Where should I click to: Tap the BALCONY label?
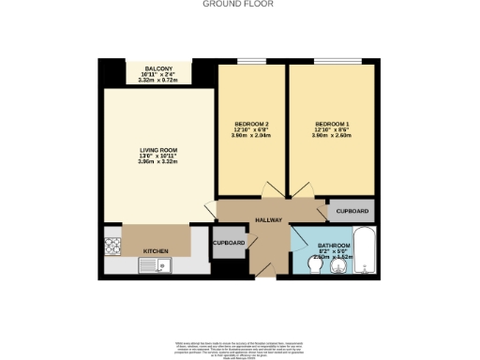(x=158, y=67)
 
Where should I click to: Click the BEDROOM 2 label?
(x=251, y=125)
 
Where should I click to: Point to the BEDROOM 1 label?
(x=333, y=125)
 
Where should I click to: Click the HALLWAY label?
(x=269, y=220)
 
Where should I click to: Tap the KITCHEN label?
(x=156, y=251)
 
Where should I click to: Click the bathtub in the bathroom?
(x=366, y=253)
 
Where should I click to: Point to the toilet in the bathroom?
(x=314, y=268)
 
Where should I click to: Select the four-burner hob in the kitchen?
(x=113, y=247)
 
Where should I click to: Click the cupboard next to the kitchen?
(x=229, y=243)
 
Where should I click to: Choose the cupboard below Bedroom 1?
(x=351, y=211)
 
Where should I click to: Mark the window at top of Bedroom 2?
(x=250, y=62)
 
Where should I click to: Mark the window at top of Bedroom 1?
(x=331, y=62)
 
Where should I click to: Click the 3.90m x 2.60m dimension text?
(x=333, y=136)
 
